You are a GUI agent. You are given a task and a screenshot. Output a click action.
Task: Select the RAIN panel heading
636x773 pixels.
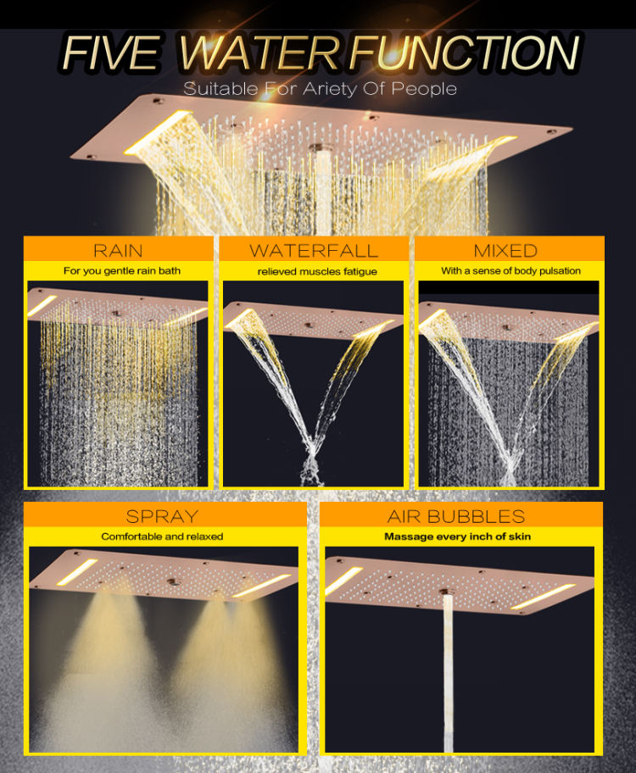pyautogui.click(x=118, y=250)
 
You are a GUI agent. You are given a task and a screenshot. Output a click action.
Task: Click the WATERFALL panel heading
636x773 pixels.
pyautogui.click(x=314, y=250)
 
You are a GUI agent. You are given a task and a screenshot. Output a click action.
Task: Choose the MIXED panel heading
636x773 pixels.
pyautogui.click(x=505, y=250)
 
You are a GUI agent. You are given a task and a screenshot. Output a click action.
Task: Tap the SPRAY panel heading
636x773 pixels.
pyautogui.click(x=162, y=515)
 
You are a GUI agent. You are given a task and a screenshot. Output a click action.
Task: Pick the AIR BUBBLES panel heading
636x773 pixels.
pyautogui.click(x=456, y=515)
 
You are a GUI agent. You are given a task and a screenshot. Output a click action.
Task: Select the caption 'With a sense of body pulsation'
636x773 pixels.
pyautogui.click(x=510, y=271)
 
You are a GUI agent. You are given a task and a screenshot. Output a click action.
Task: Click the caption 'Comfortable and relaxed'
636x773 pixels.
pyautogui.click(x=162, y=537)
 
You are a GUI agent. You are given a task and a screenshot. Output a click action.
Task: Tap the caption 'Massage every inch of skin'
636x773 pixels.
pyautogui.click(x=457, y=537)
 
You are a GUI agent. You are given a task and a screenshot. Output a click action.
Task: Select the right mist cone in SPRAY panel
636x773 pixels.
pyautogui.click(x=208, y=644)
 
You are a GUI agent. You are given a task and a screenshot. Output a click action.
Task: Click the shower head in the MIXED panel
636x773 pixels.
pyautogui.click(x=509, y=320)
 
